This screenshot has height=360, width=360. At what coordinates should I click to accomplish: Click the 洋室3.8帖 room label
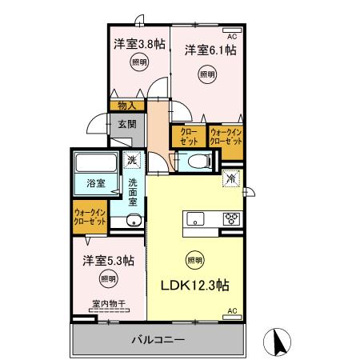click(138, 44)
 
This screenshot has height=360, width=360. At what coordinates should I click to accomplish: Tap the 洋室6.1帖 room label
click(210, 50)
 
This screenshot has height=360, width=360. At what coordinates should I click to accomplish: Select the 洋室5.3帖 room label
click(107, 261)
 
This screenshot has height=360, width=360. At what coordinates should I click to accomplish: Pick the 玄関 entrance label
click(129, 123)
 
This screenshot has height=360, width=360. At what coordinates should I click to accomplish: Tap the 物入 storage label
click(126, 105)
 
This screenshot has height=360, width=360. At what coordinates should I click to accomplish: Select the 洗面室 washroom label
click(134, 193)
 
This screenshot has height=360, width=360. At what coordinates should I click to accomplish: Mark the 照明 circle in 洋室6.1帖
click(207, 74)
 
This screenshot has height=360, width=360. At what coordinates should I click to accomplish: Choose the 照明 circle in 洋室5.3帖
click(107, 279)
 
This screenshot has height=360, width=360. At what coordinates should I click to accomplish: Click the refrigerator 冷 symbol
click(231, 179)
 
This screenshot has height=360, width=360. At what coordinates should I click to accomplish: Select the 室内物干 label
click(106, 303)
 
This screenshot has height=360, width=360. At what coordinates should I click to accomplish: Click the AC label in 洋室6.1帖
click(233, 38)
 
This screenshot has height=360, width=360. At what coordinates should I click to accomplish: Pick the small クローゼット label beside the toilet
click(188, 135)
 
